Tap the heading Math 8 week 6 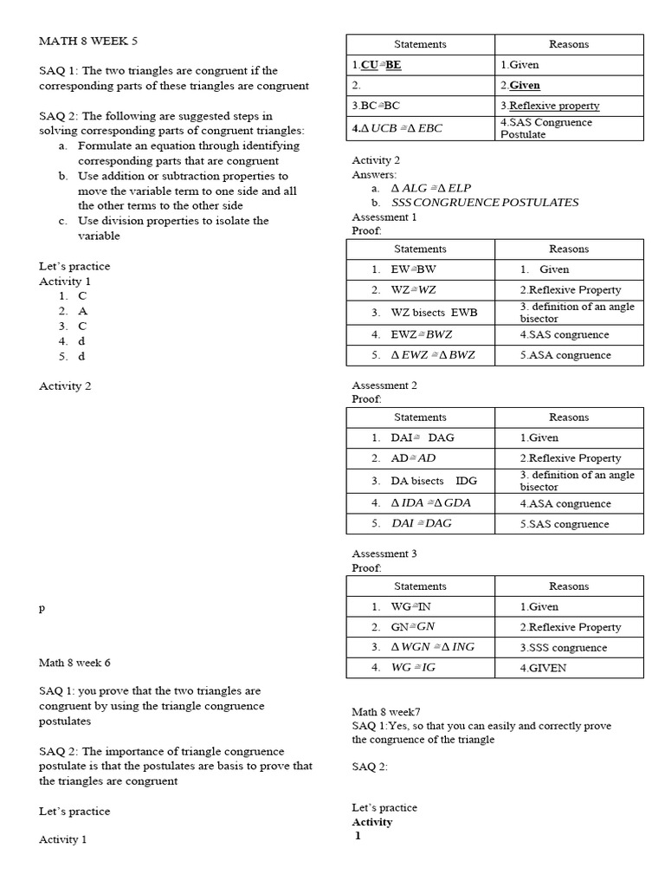pyautogui.click(x=74, y=663)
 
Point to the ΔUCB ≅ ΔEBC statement pyautogui.click(x=397, y=128)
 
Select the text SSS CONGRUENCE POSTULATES pyautogui.click(x=485, y=202)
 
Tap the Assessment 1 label pyautogui.click(x=384, y=217)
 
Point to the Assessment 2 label pyautogui.click(x=384, y=385)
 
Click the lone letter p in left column pyautogui.click(x=42, y=608)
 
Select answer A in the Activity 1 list pyautogui.click(x=82, y=311)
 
